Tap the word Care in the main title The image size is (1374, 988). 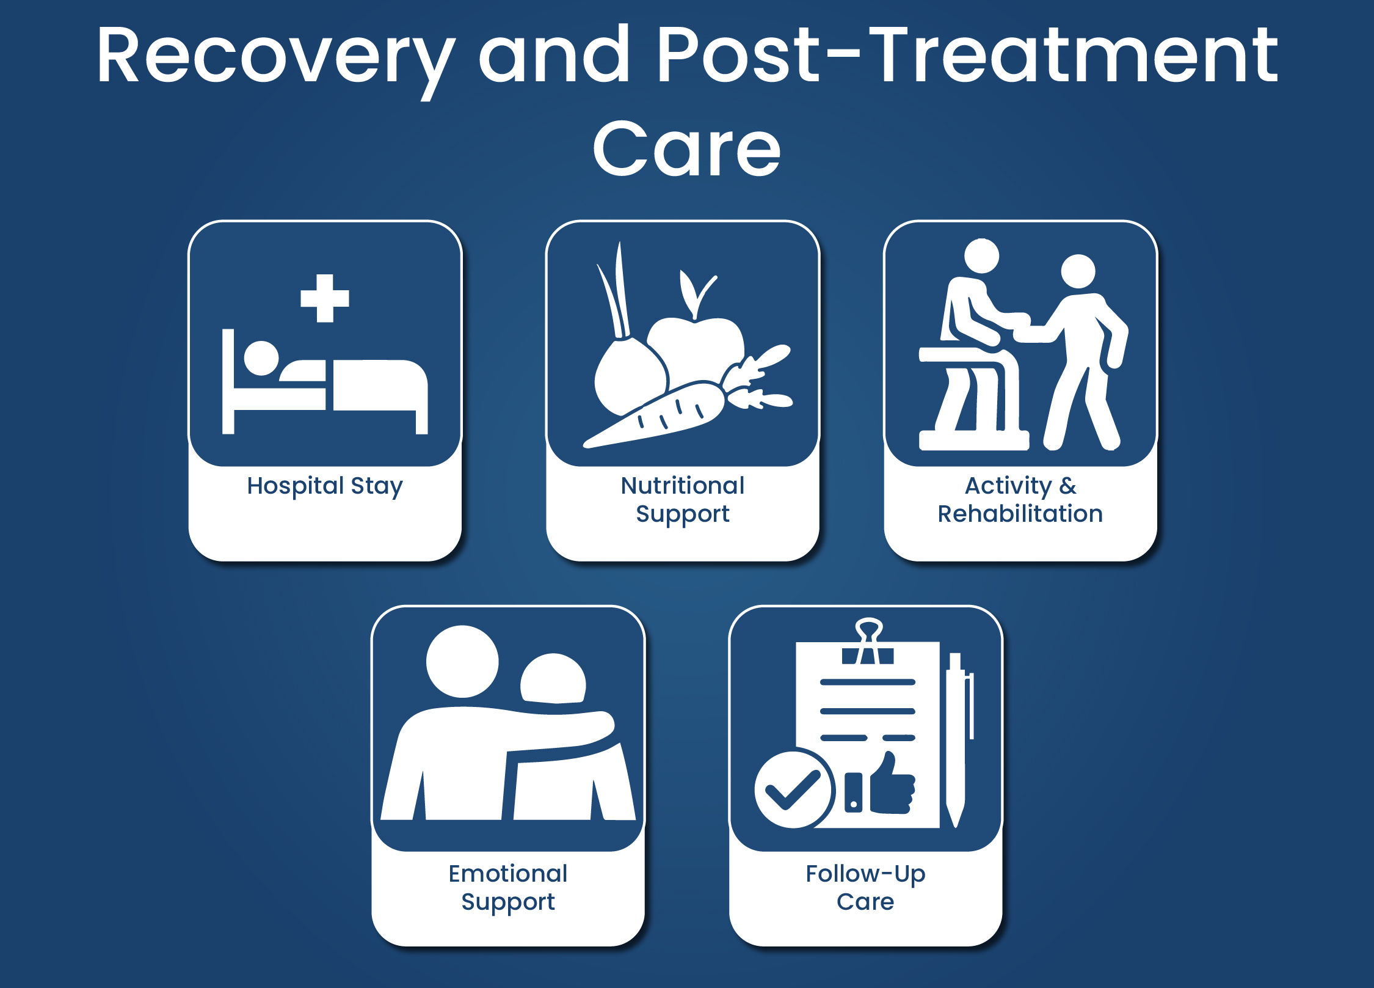686,149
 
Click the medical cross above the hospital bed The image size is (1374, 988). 325,298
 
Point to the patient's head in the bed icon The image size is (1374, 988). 261,358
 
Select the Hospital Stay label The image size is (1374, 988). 325,486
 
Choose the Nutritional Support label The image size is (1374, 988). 683,500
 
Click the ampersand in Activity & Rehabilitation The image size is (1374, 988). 1067,486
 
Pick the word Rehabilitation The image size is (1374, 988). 1020,514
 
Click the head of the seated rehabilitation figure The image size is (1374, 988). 981,256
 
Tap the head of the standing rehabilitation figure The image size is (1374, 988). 1078,271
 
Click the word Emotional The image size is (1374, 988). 508,874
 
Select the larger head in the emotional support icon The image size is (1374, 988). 462,661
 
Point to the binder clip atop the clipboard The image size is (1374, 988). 868,642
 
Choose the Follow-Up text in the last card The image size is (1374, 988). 865,874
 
